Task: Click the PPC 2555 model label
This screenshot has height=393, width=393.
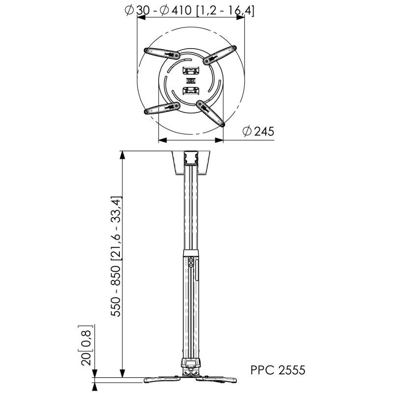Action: pos(278,370)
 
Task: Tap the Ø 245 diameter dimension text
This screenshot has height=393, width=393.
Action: pos(258,131)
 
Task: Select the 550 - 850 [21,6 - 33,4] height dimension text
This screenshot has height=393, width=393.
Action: pos(116,256)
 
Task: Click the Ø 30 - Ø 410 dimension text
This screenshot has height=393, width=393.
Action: pos(158,10)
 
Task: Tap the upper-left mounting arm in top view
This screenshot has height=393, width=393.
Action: pos(162,54)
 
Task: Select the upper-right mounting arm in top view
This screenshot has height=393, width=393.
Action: pos(220,55)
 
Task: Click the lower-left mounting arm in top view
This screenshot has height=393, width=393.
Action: pos(162,108)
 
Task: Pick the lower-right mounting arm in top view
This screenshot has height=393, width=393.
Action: pos(211,113)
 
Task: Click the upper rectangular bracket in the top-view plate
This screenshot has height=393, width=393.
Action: pos(191,70)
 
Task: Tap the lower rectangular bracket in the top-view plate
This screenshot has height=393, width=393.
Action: pos(191,91)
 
